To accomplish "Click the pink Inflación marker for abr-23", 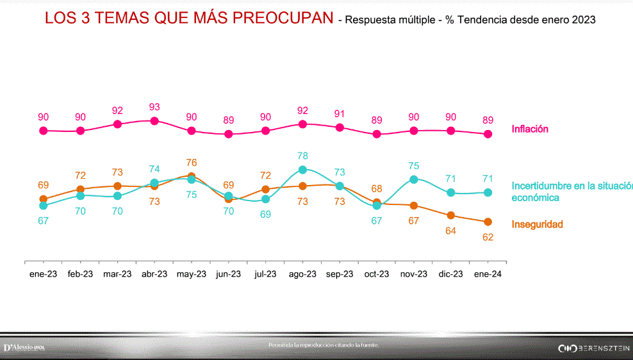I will (154, 120).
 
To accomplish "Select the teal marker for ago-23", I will (303, 170).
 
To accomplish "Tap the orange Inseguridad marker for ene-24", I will (488, 222).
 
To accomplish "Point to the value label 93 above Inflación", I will (154, 107).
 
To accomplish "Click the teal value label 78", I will (303, 156).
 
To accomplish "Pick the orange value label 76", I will (191, 162).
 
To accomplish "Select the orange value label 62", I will (488, 237).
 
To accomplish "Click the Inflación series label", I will (530, 129).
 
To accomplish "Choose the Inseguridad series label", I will (537, 224).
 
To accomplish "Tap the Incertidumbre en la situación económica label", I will (568, 192).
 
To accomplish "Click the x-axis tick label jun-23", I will (228, 274).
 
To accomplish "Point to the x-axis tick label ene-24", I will (488, 274).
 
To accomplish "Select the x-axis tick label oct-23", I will (377, 274).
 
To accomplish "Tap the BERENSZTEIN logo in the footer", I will (594, 348).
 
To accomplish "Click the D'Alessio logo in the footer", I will (24, 347).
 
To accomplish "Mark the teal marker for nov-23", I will (414, 179).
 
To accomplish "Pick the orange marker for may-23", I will (191, 176).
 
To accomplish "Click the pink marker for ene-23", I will (44, 131).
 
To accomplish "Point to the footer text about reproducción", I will (324, 345).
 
